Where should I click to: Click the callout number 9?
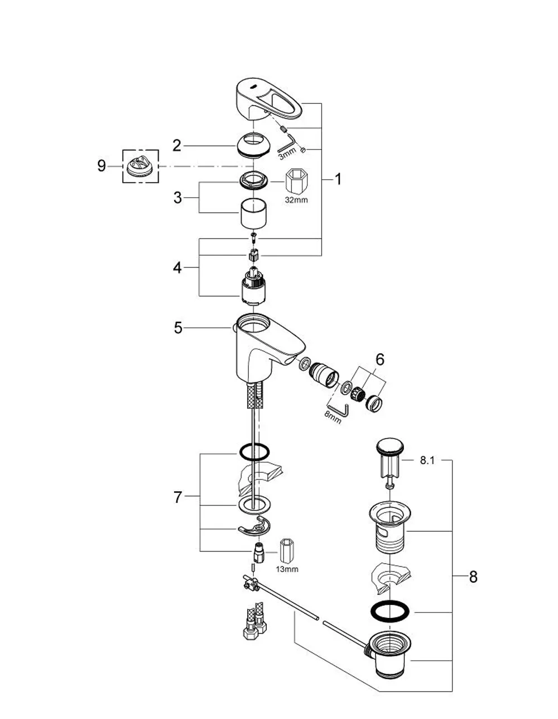[x=102, y=166]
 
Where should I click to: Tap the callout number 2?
[x=177, y=146]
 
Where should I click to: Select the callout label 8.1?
[x=427, y=460]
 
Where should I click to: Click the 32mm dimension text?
[x=296, y=200]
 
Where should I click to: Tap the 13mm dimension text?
[x=287, y=569]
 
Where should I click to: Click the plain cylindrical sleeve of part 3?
[x=254, y=214]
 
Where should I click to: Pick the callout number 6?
[x=380, y=359]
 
